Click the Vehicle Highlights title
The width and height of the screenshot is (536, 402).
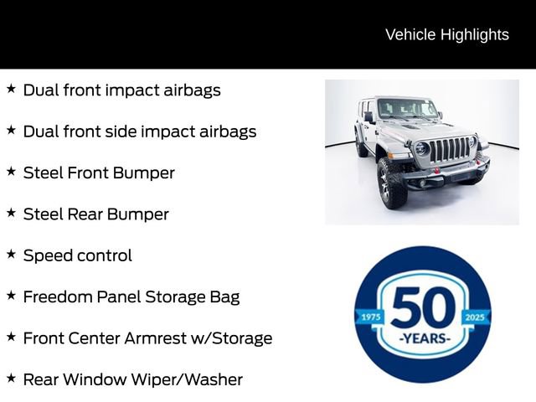pos(446,34)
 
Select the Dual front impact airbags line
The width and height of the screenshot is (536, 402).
pos(121,90)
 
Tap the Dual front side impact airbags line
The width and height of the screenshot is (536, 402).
pos(139,131)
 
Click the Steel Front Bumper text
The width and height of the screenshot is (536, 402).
pos(99,173)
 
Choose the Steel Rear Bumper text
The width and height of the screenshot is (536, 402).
pos(95,214)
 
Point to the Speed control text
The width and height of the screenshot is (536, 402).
pos(77,255)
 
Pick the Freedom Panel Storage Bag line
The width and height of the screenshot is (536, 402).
pos(131,296)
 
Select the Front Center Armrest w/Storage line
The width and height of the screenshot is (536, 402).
pos(147,338)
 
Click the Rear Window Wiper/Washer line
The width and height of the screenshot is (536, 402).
pos(132,379)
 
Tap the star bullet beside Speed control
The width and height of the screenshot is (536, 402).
pos(11,254)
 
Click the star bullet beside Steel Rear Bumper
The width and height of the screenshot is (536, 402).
pos(11,213)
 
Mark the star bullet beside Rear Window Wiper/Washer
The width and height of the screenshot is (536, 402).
pos(11,378)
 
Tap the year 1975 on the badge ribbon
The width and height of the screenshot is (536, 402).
pos(369,317)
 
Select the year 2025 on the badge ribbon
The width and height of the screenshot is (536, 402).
pos(476,317)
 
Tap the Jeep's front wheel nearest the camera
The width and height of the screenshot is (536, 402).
pos(392,182)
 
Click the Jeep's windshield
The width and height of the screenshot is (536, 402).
pos(405,109)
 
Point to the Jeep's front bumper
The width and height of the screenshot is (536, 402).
pos(448,174)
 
